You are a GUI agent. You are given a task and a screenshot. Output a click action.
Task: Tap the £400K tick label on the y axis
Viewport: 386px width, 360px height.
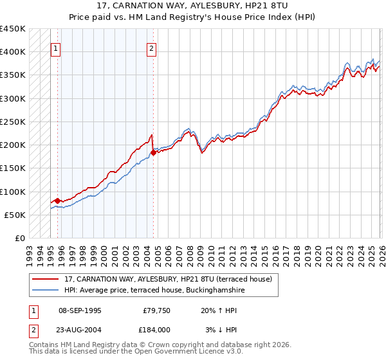(x=13, y=52)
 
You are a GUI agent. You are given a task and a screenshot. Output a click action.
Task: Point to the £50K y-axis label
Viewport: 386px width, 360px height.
(x=15, y=215)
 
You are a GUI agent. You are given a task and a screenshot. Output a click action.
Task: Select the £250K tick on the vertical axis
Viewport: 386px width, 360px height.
(x=13, y=122)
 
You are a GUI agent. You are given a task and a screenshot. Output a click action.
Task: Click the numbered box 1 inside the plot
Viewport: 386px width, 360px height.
(x=57, y=48)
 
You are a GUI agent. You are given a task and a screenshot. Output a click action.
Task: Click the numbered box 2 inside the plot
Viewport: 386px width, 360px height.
(x=151, y=48)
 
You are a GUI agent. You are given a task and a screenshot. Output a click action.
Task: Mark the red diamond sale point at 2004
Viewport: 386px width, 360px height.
(x=153, y=152)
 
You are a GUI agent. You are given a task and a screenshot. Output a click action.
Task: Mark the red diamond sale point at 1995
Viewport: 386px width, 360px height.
(x=57, y=201)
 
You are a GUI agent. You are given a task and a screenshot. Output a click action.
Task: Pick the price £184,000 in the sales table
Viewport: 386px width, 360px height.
(x=156, y=329)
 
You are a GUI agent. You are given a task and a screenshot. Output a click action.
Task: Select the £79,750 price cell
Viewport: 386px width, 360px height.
(x=156, y=310)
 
